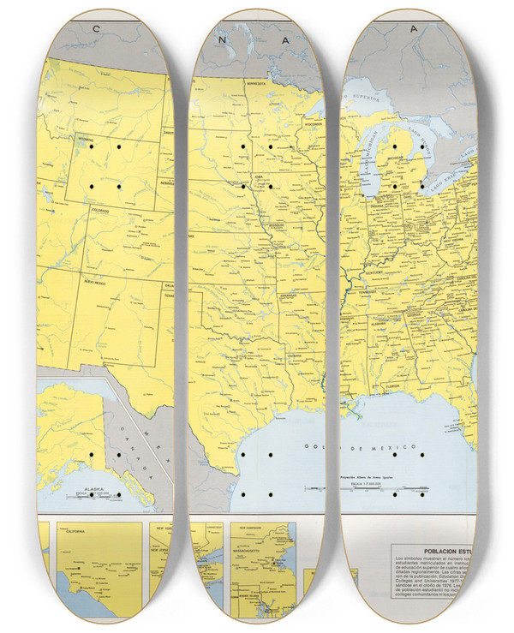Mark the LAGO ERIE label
[451, 183]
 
